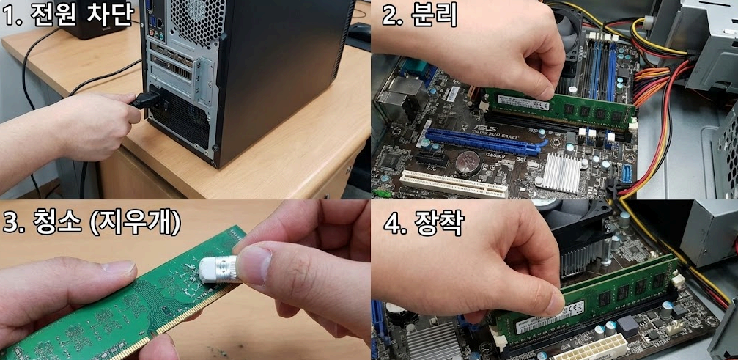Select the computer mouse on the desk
pyautogui.click(x=359, y=32)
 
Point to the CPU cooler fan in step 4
pyautogui.click(x=579, y=235)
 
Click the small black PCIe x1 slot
pyautogui.click(x=432, y=158)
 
